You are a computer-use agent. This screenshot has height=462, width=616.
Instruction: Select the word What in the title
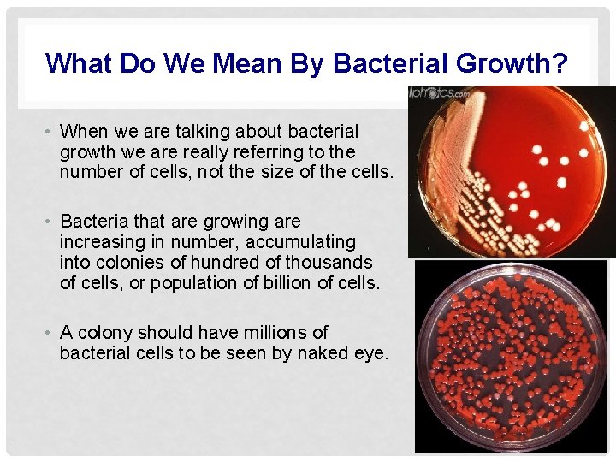tap(80, 63)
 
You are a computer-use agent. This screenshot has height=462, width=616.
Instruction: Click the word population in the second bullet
tap(192, 282)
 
